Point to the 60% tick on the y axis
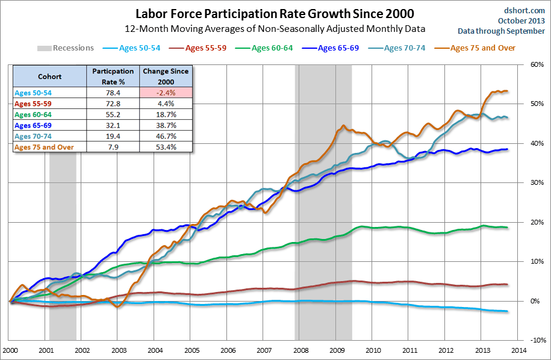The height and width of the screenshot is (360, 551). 535,64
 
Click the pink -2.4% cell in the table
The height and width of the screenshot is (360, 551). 165,92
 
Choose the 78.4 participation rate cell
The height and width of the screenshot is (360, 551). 113,92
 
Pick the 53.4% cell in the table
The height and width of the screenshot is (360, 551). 165,147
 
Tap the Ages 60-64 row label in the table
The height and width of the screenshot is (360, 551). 34,114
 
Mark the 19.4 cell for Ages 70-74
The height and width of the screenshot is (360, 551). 113,136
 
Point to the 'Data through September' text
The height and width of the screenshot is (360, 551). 502,31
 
